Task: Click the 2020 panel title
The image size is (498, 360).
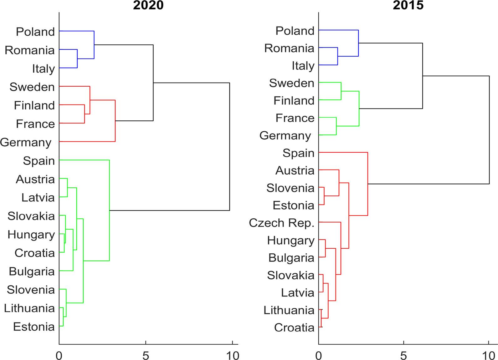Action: click(x=148, y=5)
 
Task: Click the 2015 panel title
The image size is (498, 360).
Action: click(x=408, y=5)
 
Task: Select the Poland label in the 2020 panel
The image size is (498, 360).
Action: click(x=35, y=32)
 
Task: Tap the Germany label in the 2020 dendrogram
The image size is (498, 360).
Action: click(x=26, y=142)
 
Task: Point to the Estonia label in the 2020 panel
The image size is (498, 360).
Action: click(x=34, y=327)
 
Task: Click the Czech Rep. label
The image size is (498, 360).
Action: click(x=281, y=223)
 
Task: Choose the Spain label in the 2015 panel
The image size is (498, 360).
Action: click(x=298, y=153)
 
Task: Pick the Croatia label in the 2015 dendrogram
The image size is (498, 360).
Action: click(x=294, y=327)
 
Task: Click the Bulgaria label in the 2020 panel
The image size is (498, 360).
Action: click(x=32, y=271)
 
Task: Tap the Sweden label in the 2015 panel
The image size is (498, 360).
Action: click(x=291, y=83)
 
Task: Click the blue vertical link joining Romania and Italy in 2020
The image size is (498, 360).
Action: click(x=77, y=58)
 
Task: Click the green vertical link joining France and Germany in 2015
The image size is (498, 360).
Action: click(x=336, y=126)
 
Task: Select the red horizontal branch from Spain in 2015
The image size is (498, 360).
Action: click(x=343, y=152)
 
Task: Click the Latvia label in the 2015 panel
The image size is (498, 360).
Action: click(x=297, y=293)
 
